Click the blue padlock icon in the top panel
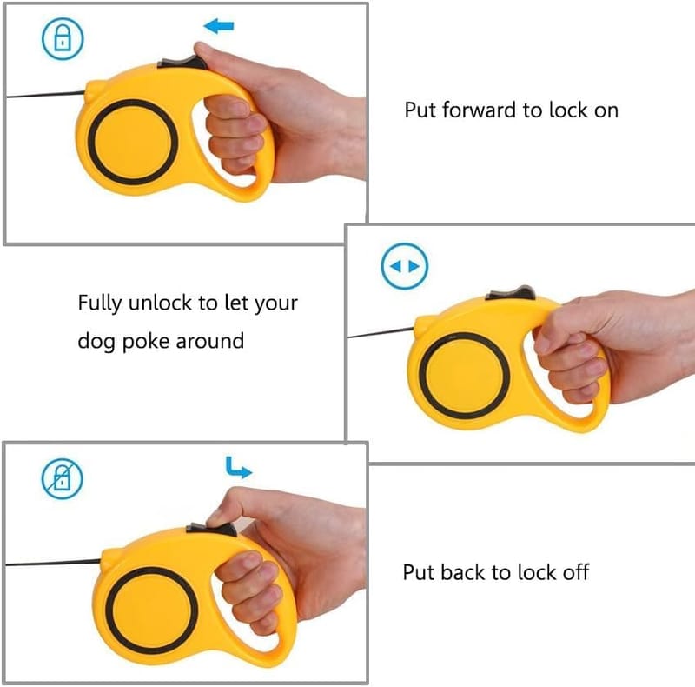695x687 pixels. click(63, 38)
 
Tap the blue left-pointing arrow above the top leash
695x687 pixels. click(219, 26)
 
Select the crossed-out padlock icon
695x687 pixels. click(62, 478)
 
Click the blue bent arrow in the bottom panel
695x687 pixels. click(238, 468)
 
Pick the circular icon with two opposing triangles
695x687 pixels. click(404, 266)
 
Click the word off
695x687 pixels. click(576, 572)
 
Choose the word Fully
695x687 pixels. click(100, 303)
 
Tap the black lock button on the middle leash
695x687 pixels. click(511, 293)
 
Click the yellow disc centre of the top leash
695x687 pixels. click(133, 143)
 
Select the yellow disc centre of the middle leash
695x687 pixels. click(464, 376)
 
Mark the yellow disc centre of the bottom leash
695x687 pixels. click(151, 610)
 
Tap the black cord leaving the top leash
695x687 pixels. click(45, 95)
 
